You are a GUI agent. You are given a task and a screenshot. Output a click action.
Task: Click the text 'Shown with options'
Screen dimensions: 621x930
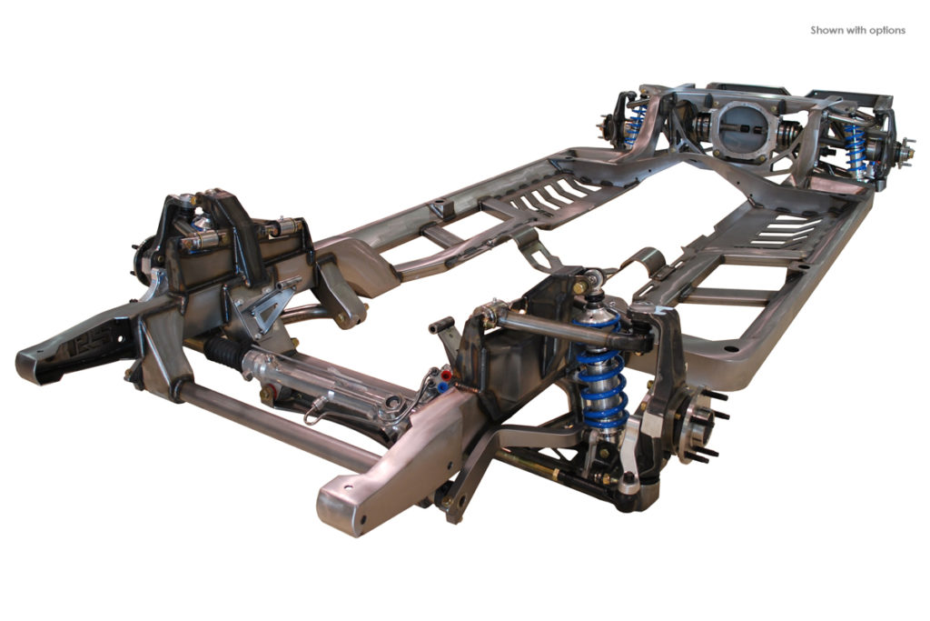tap(857, 30)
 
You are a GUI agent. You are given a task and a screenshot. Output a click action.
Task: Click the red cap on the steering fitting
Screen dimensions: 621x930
tap(442, 373)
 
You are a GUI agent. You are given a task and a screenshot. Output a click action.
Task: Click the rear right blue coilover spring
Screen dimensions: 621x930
tap(853, 149)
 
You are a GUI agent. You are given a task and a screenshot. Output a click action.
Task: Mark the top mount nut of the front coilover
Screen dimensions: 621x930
tap(593, 278)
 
